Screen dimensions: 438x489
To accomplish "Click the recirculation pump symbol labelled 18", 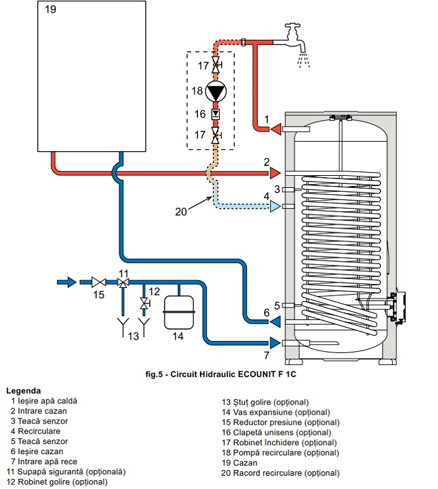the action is tap(215, 91).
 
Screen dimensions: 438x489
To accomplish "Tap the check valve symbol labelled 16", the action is tap(215, 114).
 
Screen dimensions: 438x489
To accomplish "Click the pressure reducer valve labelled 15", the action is tap(98, 282).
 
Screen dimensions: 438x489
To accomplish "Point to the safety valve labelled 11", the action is tap(123, 283).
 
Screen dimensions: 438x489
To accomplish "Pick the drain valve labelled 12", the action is tap(144, 303).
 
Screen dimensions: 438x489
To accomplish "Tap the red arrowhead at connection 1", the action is tap(275, 129).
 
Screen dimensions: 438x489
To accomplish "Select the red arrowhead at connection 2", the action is tap(275, 173).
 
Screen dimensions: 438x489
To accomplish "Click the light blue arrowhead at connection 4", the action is tap(275, 206).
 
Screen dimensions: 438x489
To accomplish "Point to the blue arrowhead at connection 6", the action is tap(275, 321).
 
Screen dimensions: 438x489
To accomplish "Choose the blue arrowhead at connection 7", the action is tap(275, 343).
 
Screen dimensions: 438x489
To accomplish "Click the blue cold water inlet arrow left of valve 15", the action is tap(67, 282).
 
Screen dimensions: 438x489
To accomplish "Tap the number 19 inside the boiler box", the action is tap(51, 10).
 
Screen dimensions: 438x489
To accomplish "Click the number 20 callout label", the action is tap(181, 211).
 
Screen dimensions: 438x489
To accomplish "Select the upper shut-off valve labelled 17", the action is tap(216, 65).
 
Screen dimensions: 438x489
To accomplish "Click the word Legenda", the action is tap(23, 391).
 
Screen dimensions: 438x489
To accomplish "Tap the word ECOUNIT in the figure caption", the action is tap(257, 374).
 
